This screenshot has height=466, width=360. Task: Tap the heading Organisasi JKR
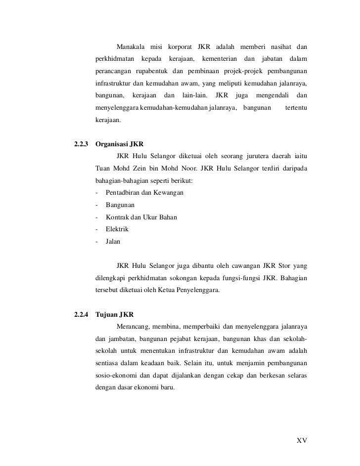[119, 145]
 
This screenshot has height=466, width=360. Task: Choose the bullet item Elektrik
[117, 230]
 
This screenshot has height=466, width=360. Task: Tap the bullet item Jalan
[113, 242]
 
